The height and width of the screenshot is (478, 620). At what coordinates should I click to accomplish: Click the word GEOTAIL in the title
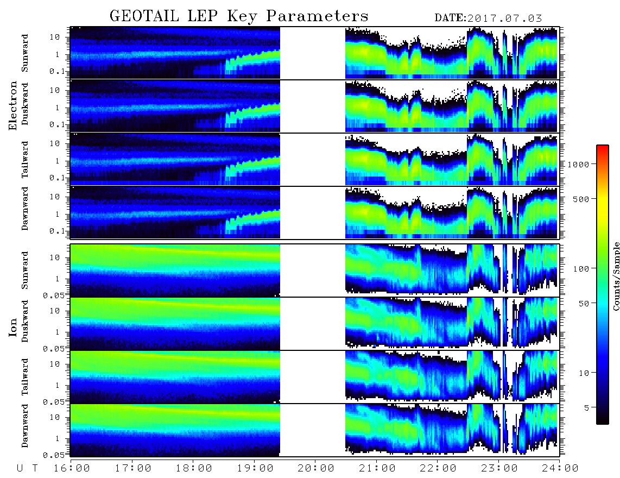pos(144,16)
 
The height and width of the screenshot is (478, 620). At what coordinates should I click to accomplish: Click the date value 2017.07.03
pos(504,18)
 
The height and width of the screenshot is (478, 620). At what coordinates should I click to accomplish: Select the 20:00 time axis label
pos(315,468)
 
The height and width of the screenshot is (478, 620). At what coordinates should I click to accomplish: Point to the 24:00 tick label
pos(559,468)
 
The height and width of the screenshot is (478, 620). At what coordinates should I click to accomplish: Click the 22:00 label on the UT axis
pos(438,468)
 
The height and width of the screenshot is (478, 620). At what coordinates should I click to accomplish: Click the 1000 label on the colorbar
pos(578,164)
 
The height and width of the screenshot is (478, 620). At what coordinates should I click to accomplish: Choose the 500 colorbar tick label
pos(581,199)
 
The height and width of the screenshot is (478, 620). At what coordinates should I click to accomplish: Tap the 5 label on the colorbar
pos(586,407)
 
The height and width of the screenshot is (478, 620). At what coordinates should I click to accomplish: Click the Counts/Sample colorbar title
pos(616,276)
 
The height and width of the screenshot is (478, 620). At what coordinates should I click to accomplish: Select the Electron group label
pos(13,106)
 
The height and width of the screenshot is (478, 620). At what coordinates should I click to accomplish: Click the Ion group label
pos(13,327)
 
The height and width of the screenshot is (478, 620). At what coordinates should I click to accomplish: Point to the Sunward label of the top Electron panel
pos(25,53)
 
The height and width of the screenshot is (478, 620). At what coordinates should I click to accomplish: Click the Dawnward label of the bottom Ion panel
pos(25,425)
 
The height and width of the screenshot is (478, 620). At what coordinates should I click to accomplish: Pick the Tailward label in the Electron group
pos(25,160)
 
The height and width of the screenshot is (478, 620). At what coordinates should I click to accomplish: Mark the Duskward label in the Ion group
pos(25,321)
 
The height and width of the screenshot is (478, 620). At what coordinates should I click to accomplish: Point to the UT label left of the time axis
pos(27,468)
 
